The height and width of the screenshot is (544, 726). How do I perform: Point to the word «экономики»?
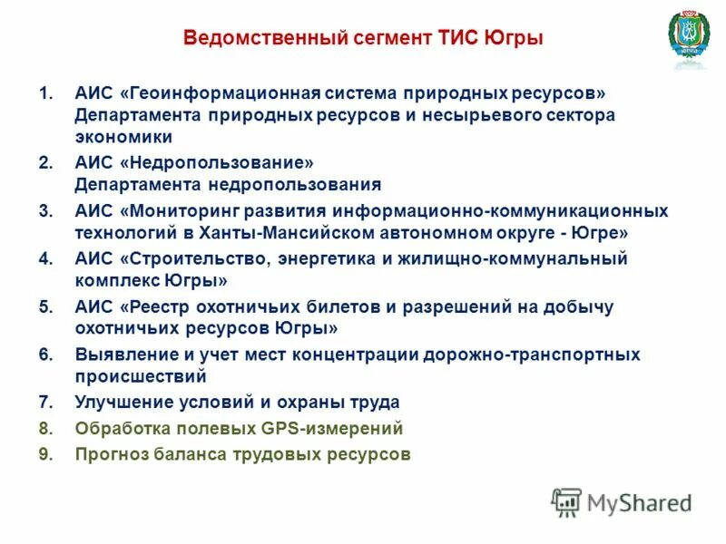point(124,138)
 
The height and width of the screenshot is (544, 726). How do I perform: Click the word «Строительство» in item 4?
point(194,258)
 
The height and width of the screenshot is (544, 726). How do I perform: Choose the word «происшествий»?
point(141,376)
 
